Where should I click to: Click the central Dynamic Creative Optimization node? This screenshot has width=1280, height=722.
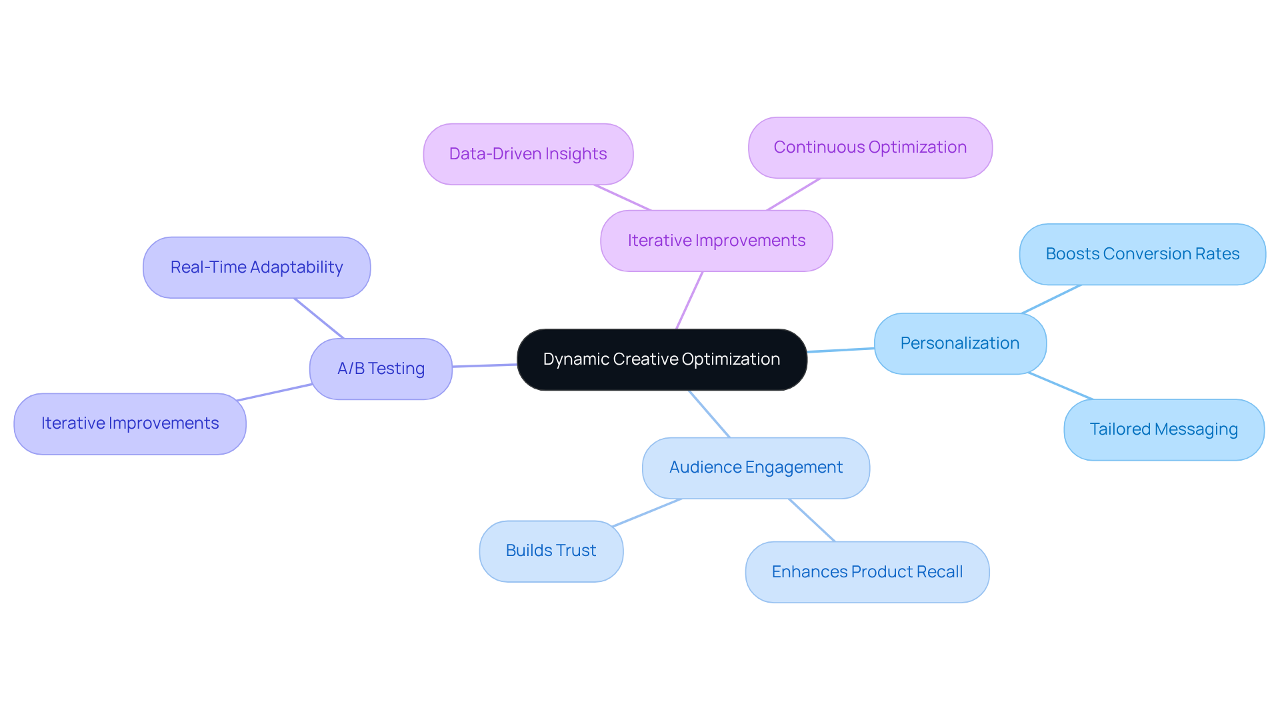pos(661,359)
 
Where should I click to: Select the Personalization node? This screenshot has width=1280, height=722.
pos(960,343)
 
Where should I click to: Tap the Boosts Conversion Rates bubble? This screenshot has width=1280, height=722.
pos(1142,254)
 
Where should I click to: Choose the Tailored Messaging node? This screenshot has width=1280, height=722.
pos(1163,429)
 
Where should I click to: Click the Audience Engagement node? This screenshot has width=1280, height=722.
pos(755,467)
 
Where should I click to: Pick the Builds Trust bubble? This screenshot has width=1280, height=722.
pos(551,551)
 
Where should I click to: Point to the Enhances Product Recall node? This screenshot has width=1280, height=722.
pos(867,572)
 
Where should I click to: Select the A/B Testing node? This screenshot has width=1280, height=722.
pos(381,369)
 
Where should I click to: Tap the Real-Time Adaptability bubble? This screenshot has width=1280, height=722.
pos(257,267)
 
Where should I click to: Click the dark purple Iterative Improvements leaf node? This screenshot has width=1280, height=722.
pos(130,423)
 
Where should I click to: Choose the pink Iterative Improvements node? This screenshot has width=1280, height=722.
pos(716,241)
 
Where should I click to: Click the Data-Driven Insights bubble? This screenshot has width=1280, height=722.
pos(528,154)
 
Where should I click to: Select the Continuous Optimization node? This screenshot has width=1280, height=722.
pos(870,147)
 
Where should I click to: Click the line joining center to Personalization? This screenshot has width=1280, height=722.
pos(840,350)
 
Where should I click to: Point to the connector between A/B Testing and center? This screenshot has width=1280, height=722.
pos(485,365)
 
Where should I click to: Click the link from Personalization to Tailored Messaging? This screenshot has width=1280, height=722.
pos(1060,386)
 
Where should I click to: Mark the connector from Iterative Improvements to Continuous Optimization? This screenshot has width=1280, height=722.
pos(793,194)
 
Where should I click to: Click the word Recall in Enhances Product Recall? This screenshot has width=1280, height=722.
pos(939,572)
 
